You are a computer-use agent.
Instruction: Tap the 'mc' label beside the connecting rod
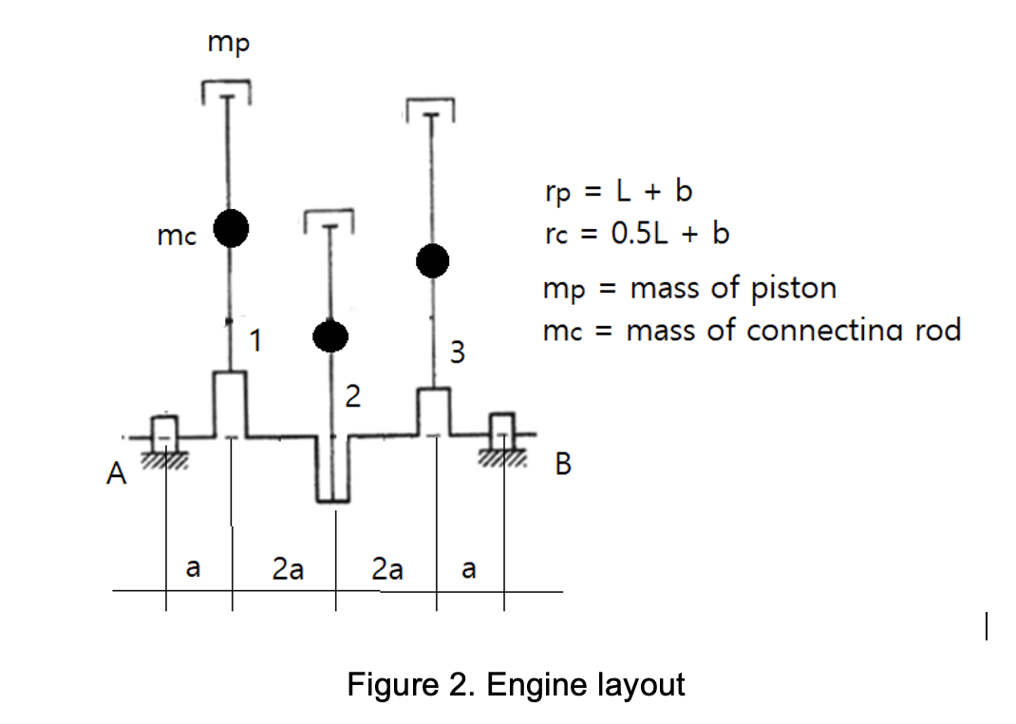[x=177, y=238]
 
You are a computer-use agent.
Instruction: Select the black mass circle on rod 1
[x=231, y=227]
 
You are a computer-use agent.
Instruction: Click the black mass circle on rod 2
[x=331, y=334]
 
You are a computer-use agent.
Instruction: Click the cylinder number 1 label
[x=255, y=338]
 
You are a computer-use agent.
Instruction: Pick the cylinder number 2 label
[x=352, y=396]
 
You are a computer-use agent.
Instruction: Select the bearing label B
[x=563, y=466]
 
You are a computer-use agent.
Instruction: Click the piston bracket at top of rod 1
[x=227, y=90]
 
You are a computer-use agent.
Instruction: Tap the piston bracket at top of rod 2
[x=329, y=220]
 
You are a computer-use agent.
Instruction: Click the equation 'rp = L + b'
[x=618, y=191]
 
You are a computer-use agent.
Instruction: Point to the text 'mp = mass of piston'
[x=689, y=287]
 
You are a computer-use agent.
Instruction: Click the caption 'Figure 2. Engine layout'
[x=516, y=684]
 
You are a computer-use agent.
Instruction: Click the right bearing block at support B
[x=502, y=430]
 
